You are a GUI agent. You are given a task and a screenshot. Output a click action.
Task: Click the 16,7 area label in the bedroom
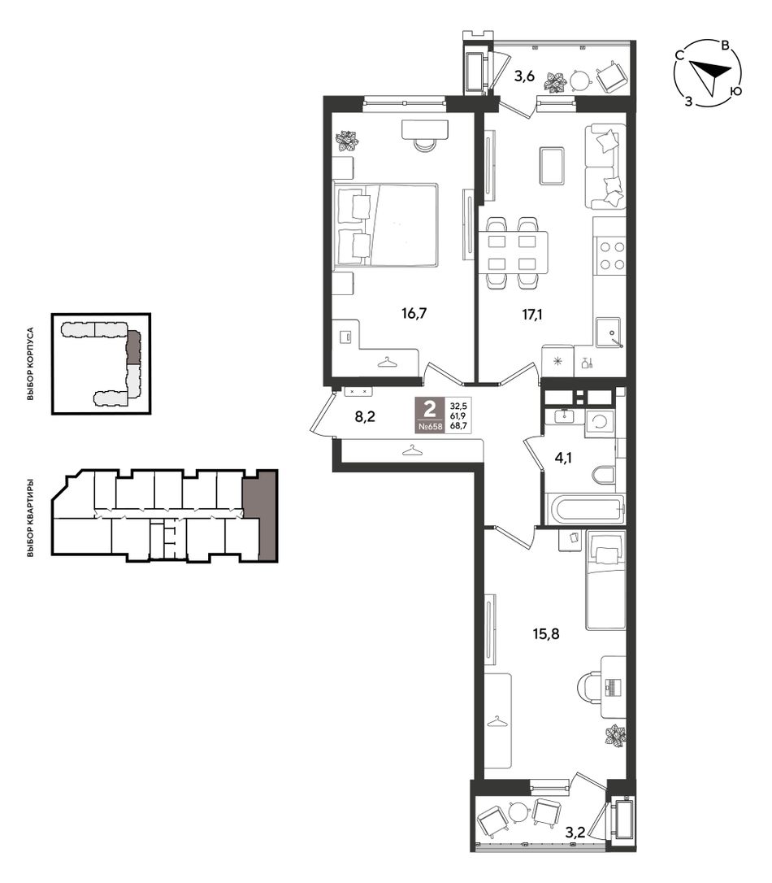pos(414,313)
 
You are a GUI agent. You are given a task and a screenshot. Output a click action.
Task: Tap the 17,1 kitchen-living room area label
pos(531,314)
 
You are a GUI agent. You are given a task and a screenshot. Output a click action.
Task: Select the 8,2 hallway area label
pos(365,417)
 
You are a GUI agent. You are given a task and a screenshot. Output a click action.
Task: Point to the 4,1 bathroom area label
pos(562,458)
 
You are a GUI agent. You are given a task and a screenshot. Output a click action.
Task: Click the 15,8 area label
pos(546,634)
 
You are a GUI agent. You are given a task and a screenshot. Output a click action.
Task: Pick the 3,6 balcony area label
pos(524,76)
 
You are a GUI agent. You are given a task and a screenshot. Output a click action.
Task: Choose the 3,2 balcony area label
pos(575,833)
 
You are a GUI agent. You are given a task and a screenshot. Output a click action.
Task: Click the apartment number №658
pos(431,427)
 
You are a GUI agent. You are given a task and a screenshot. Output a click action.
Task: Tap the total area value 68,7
pos(458,426)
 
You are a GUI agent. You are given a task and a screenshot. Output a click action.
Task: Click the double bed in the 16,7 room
pos(385,224)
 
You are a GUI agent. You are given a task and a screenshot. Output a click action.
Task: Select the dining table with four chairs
pos(513,253)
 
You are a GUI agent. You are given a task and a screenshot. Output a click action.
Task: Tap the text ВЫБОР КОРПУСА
pos(30,363)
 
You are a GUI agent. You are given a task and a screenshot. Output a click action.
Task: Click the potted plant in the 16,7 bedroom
pos(345,141)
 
